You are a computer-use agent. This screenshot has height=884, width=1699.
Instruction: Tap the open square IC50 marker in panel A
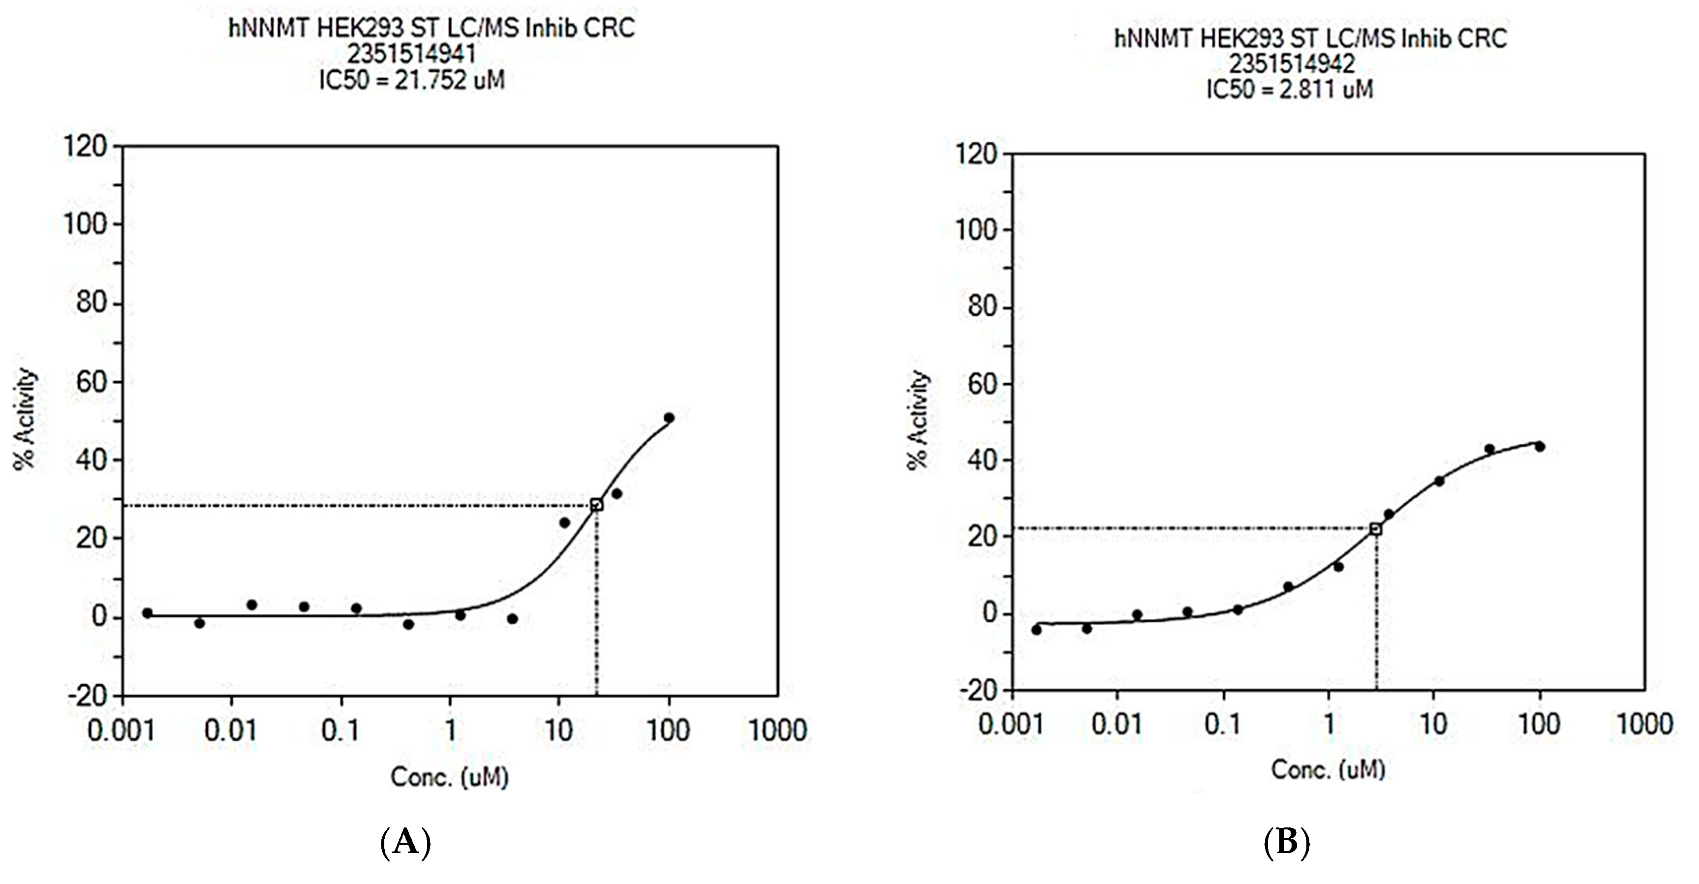coord(596,505)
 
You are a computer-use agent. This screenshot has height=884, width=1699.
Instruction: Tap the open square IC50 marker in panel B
coord(1375,529)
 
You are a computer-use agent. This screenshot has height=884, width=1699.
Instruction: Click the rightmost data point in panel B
coord(1540,446)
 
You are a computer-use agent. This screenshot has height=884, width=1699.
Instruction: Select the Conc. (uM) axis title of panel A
coord(449,777)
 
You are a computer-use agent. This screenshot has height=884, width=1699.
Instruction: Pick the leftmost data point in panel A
coord(147,613)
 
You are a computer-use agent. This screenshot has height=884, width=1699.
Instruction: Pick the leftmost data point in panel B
coord(1036,630)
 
